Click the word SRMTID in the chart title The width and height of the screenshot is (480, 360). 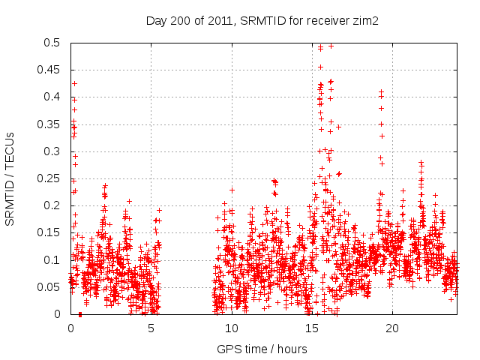click(x=259, y=21)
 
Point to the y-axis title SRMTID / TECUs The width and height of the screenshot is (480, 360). click(x=10, y=178)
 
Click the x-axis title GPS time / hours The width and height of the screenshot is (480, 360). click(x=262, y=349)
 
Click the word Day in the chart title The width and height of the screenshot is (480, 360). click(x=155, y=21)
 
